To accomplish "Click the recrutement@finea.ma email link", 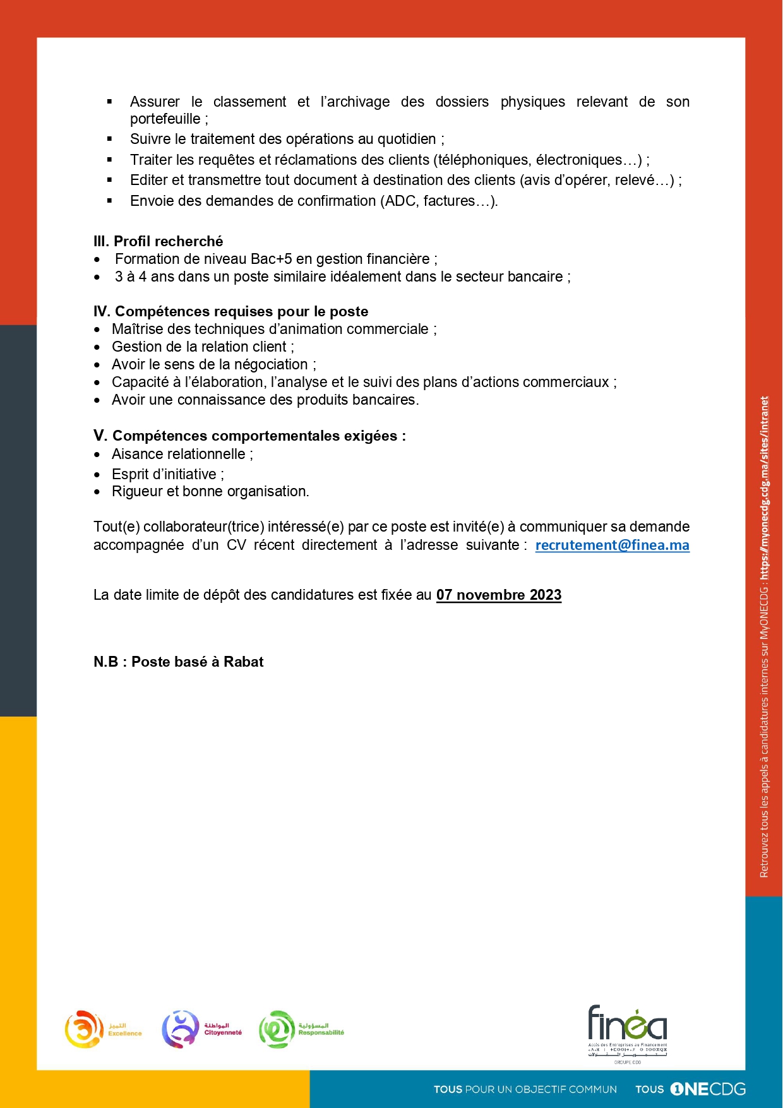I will (612, 545).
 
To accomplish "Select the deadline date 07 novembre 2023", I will (498, 595).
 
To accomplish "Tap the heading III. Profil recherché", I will (158, 241).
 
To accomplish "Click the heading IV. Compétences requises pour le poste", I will (230, 311).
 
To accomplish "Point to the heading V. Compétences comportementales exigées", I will (249, 436).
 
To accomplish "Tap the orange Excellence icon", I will (84, 1029).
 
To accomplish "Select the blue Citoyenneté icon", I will (181, 1029).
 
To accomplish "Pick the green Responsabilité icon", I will (277, 1029).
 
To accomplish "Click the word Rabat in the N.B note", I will (243, 662).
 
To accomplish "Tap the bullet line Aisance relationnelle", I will (182, 454).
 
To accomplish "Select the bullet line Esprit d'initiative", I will (167, 474).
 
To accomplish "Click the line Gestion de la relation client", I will (202, 347).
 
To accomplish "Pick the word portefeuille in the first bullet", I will (165, 119).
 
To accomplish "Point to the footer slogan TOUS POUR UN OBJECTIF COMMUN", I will (525, 1089).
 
